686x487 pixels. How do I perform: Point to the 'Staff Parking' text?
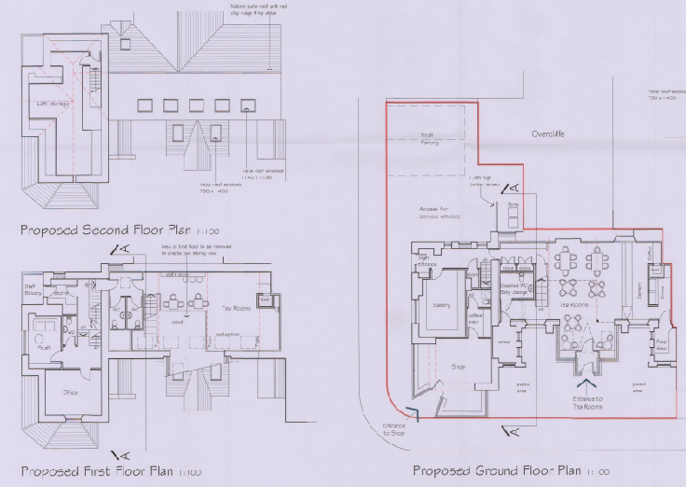tap(430, 140)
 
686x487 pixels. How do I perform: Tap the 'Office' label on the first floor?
tap(70, 392)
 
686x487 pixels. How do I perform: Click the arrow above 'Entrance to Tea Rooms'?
tap(586, 383)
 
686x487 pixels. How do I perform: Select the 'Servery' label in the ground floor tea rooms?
tap(638, 289)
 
